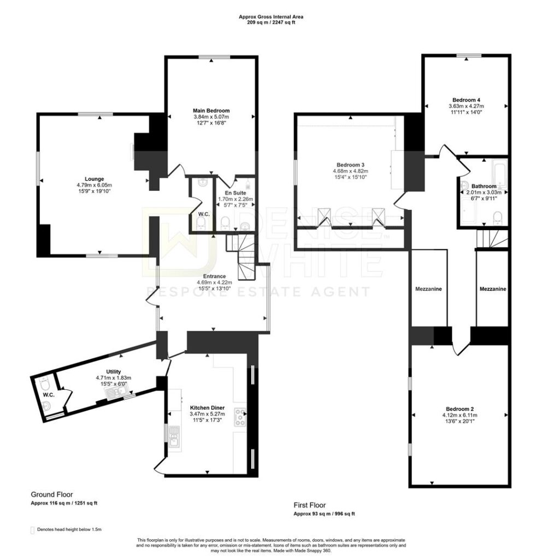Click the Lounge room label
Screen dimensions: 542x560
94,179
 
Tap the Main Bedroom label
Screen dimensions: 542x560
211,110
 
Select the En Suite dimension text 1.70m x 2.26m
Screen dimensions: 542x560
235,199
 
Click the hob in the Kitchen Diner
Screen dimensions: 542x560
240,417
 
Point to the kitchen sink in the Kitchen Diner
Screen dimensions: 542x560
174,436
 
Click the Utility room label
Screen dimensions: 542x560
114,372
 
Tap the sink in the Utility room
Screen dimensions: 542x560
115,393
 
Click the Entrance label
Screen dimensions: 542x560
214,276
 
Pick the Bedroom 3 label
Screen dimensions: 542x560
350,165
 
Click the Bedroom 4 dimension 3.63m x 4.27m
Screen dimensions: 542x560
466,106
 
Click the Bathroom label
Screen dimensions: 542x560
484,186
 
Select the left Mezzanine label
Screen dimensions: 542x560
428,289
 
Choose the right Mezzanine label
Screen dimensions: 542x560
493,289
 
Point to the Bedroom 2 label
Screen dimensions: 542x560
459,409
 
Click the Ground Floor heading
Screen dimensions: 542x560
52,494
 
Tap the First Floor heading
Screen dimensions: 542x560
310,505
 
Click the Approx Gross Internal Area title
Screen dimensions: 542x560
271,17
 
